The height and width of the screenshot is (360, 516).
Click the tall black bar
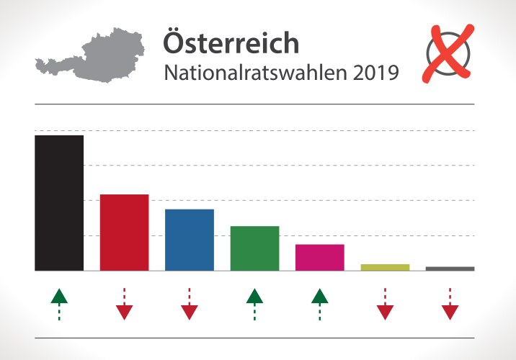pyautogui.click(x=59, y=203)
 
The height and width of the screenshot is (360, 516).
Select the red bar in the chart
pyautogui.click(x=124, y=233)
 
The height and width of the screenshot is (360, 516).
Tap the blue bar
pyautogui.click(x=190, y=240)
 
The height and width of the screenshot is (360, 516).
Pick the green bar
pyautogui.click(x=254, y=248)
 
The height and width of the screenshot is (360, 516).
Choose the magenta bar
pyautogui.click(x=320, y=257)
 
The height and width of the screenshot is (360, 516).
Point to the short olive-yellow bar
pyautogui.click(x=385, y=267)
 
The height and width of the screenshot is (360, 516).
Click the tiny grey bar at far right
pyautogui.click(x=450, y=269)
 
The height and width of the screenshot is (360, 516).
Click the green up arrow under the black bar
pyautogui.click(x=59, y=303)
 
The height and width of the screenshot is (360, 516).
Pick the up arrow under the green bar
pyautogui.click(x=254, y=303)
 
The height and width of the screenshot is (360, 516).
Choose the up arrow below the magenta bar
pyautogui.click(x=320, y=303)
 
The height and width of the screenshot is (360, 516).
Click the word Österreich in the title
pyautogui.click(x=231, y=42)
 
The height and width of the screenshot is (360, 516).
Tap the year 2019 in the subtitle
pyautogui.click(x=375, y=73)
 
